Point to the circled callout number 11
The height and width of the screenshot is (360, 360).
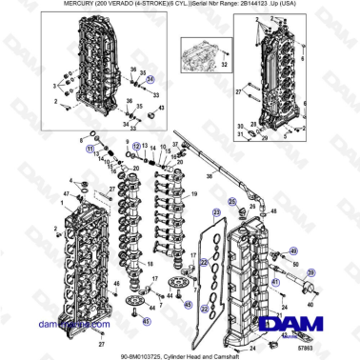89,150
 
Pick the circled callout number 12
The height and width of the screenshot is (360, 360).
136,145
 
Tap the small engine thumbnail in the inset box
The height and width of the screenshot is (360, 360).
200,50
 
